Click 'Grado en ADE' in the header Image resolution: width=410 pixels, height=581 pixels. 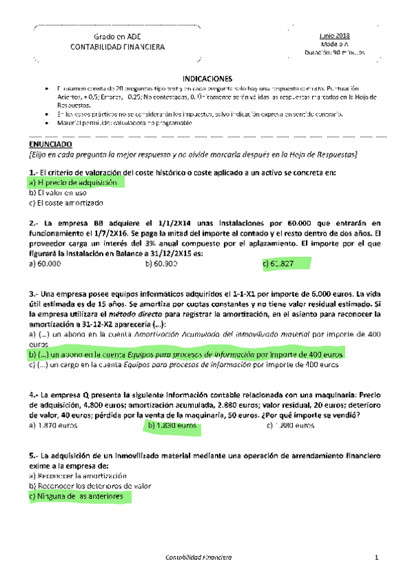tap(117, 36)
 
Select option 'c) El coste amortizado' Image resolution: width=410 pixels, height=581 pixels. tap(66, 203)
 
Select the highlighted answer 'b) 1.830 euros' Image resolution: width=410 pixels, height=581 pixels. tap(172, 425)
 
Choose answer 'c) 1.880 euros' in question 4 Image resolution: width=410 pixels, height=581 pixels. tap(290, 425)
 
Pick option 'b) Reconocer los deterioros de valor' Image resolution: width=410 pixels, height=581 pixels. tap(90, 486)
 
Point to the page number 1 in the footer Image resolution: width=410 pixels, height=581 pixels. tap(376, 558)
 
